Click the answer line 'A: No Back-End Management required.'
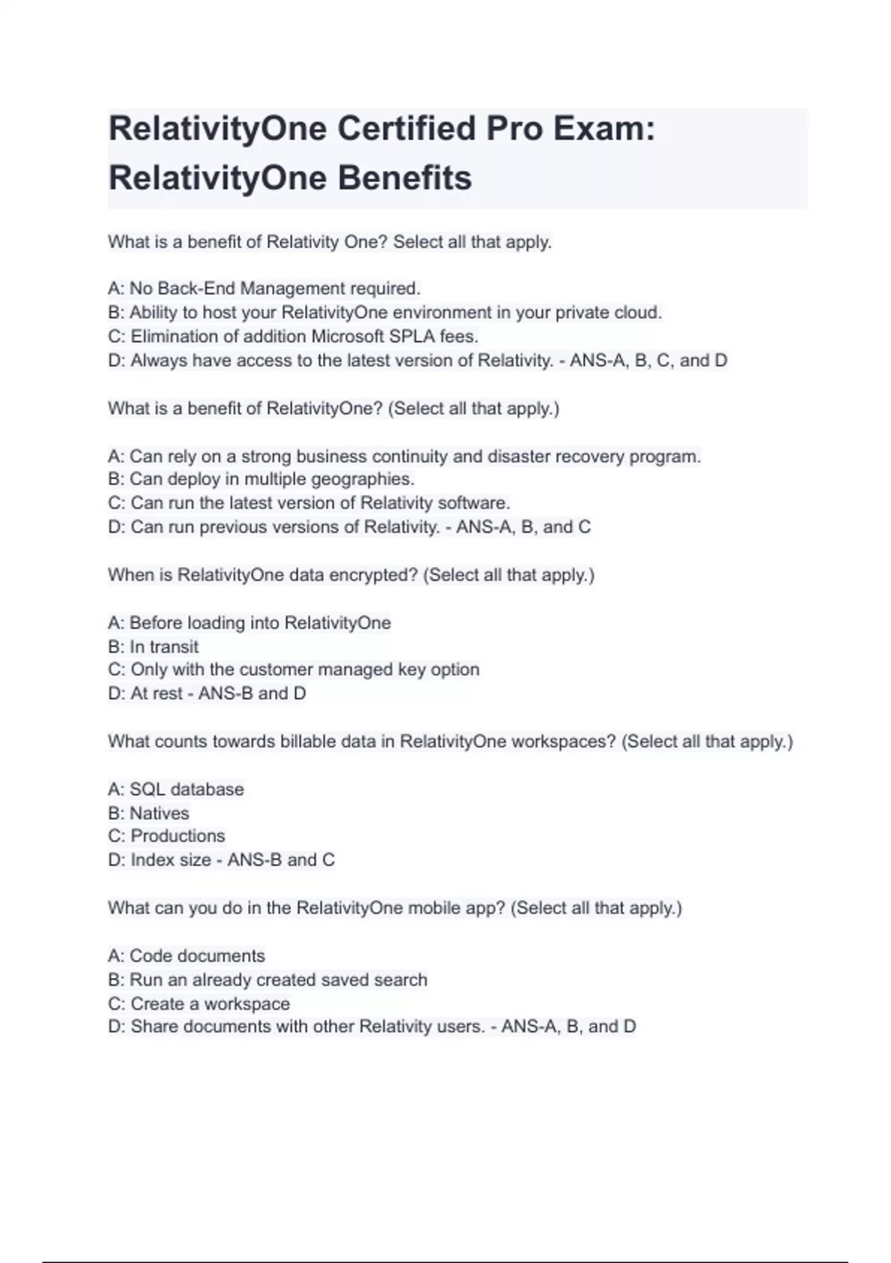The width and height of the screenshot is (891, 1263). [x=264, y=288]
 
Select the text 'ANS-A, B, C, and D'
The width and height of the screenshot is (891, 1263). [x=648, y=360]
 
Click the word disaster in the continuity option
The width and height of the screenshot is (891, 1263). [x=520, y=456]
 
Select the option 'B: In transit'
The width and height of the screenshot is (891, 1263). [x=153, y=646]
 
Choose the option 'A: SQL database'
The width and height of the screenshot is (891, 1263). [x=175, y=789]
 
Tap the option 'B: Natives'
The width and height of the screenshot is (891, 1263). [x=148, y=813]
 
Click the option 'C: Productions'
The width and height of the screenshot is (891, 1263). [x=166, y=836]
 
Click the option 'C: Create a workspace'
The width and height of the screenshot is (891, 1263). [x=198, y=1004]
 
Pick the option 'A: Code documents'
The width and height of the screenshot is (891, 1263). [x=186, y=955]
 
